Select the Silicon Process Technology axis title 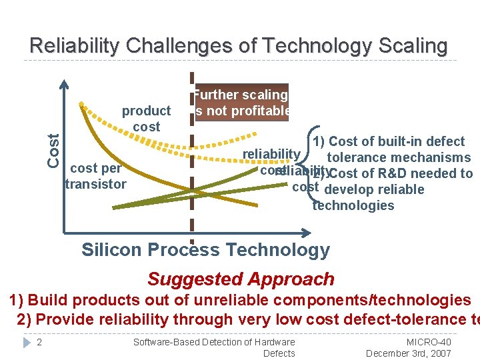pyautogui.click(x=205, y=250)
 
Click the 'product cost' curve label pyautogui.click(x=146, y=118)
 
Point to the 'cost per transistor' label pyautogui.click(x=95, y=176)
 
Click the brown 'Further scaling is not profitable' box pyautogui.click(x=241, y=103)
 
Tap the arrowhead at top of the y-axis pyautogui.click(x=64, y=84)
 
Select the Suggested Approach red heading pyautogui.click(x=241, y=279)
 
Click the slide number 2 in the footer pyautogui.click(x=39, y=342)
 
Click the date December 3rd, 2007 pyautogui.click(x=409, y=353)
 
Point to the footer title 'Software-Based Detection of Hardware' pyautogui.click(x=214, y=342)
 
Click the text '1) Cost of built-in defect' pyautogui.click(x=389, y=141)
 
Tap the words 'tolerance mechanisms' pyautogui.click(x=399, y=157)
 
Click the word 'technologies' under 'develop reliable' pyautogui.click(x=353, y=205)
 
